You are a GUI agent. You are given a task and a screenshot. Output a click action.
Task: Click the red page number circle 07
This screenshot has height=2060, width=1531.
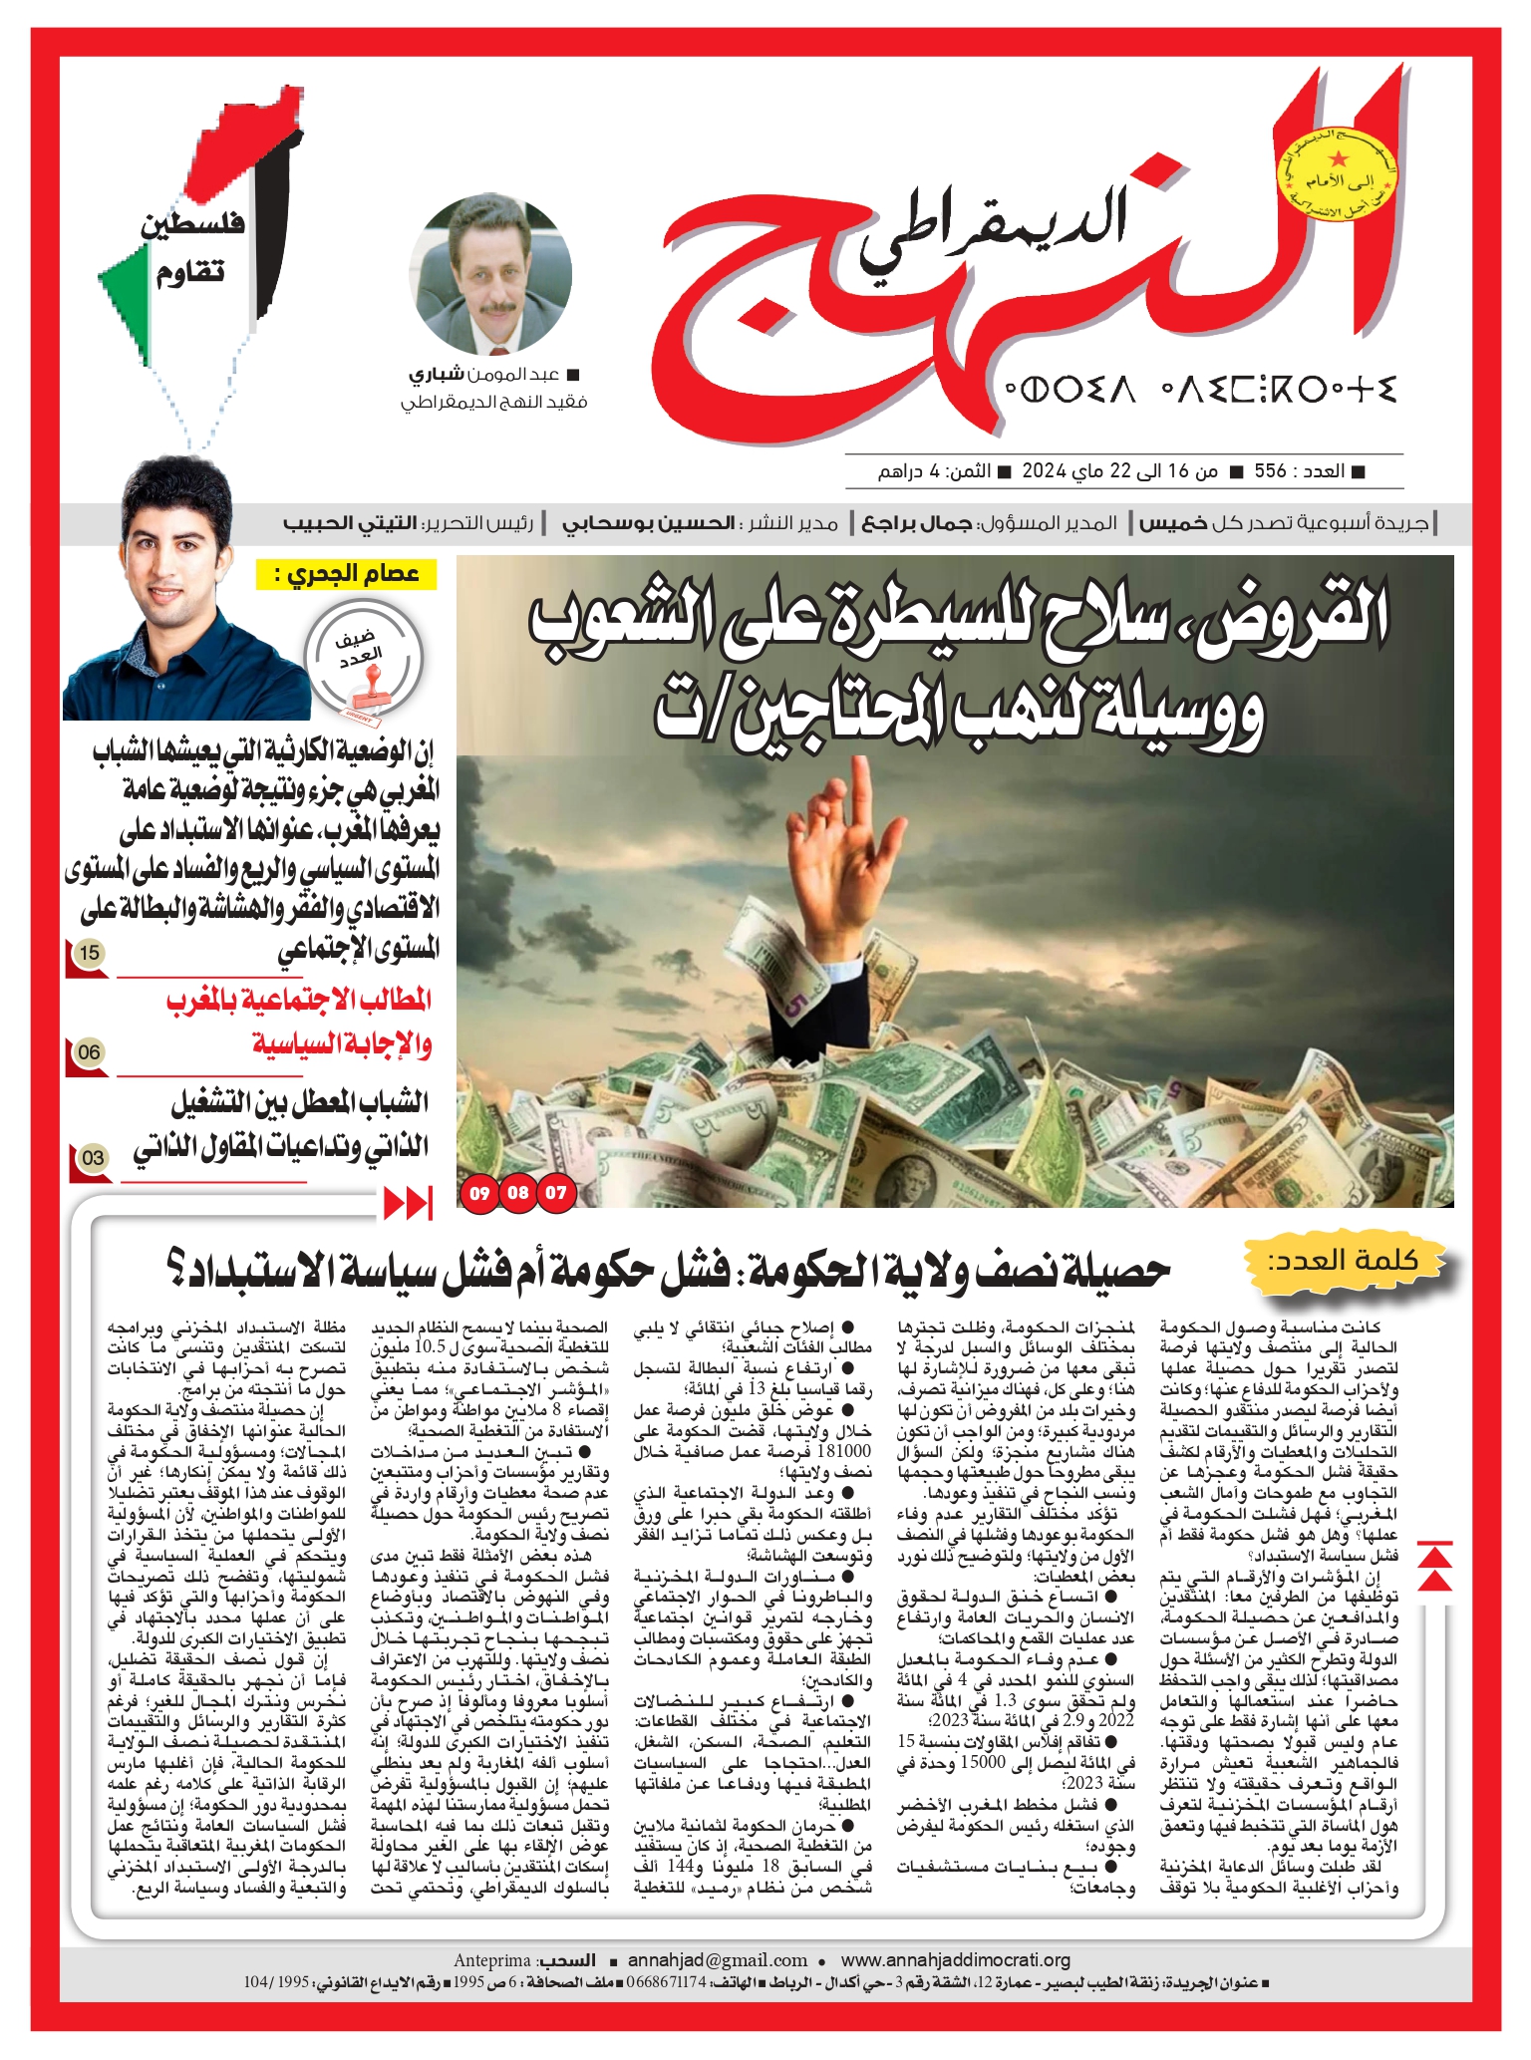tap(556, 1193)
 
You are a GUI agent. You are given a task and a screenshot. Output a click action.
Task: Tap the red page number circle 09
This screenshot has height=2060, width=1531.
tap(480, 1193)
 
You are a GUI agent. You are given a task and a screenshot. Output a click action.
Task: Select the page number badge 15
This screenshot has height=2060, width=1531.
tap(90, 954)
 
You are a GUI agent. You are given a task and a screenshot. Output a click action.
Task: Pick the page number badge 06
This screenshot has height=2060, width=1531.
tap(89, 1052)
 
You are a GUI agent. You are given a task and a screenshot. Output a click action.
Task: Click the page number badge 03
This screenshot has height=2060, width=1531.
tap(93, 1158)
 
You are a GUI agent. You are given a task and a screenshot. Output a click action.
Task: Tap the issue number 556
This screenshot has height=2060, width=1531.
tap(1270, 471)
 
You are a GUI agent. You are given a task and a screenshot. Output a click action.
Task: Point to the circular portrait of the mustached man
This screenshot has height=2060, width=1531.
tap(491, 271)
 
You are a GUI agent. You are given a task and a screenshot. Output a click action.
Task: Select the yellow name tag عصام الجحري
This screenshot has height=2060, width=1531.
tap(348, 575)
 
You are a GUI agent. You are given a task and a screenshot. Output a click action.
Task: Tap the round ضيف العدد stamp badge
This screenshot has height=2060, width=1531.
tap(364, 661)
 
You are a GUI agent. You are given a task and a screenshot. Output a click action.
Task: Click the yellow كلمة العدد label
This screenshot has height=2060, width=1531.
tap(1342, 1260)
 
